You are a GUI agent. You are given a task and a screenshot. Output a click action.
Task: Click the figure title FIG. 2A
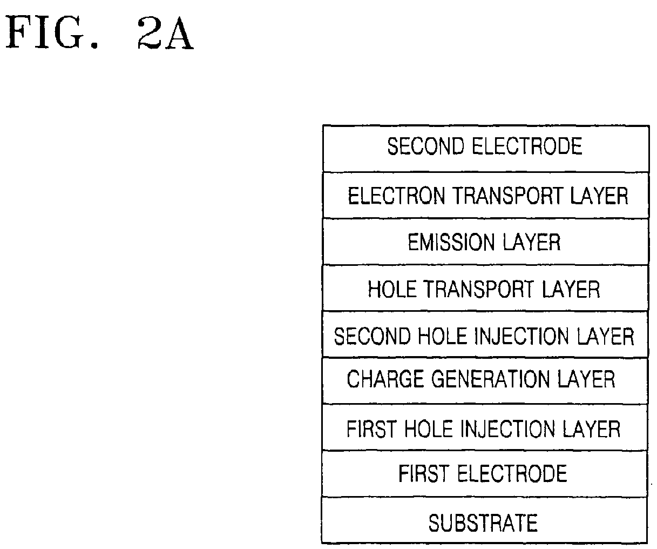(x=100, y=34)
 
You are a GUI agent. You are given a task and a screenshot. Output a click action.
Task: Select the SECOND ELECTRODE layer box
(x=485, y=149)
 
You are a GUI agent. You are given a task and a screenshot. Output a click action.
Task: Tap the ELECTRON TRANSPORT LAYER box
(x=485, y=196)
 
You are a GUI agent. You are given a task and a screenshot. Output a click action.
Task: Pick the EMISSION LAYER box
(x=485, y=242)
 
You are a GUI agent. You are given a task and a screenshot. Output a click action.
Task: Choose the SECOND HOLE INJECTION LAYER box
(x=485, y=336)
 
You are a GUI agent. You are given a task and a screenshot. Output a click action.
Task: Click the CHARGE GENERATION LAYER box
(x=485, y=380)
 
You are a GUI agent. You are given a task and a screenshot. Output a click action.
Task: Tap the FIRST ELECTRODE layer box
(x=485, y=474)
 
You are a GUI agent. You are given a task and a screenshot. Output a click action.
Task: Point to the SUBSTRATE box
(x=485, y=522)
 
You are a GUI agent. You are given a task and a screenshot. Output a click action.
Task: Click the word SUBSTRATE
(x=483, y=523)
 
